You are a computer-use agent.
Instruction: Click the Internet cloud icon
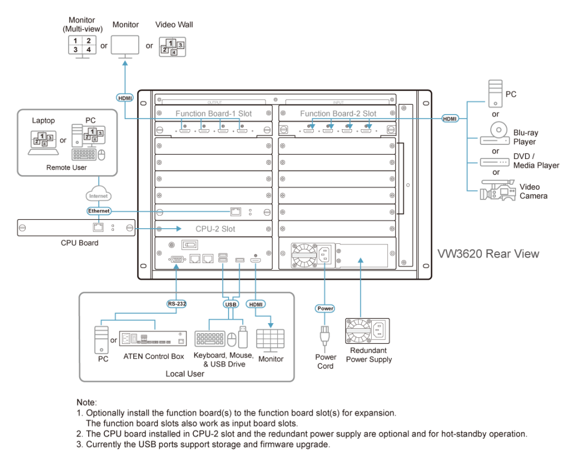(x=99, y=195)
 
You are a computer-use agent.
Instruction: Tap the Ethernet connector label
(x=99, y=211)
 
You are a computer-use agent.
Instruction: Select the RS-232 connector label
(x=177, y=303)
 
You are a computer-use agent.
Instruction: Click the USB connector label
(x=231, y=303)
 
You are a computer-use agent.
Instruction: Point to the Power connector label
(x=325, y=308)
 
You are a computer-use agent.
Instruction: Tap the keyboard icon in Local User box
(x=209, y=339)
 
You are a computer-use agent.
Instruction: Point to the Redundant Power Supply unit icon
(x=367, y=332)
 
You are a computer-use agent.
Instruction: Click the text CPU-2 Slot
(x=215, y=229)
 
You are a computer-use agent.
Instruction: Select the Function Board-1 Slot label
(x=213, y=114)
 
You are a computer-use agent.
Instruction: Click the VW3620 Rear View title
(x=488, y=254)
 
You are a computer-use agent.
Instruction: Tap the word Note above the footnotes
(x=86, y=402)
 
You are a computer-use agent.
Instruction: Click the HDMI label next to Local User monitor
(x=256, y=303)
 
